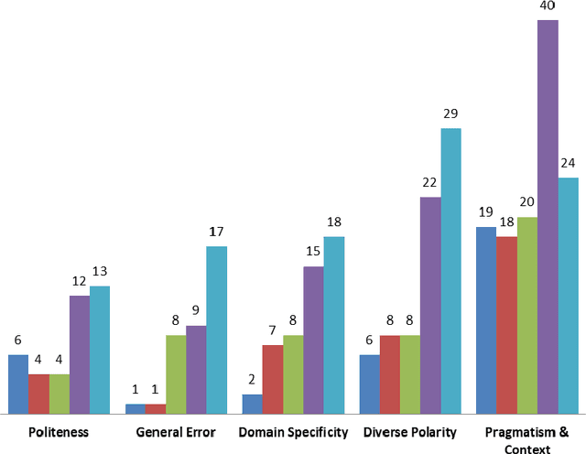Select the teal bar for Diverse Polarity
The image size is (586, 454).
pyautogui.click(x=450, y=271)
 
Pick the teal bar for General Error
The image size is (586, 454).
pyautogui.click(x=216, y=330)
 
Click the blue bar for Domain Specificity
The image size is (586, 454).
pyautogui.click(x=252, y=404)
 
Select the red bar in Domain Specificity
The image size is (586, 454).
pyautogui.click(x=272, y=379)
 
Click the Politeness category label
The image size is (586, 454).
pyautogui.click(x=59, y=432)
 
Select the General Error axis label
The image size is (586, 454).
pyautogui.click(x=176, y=432)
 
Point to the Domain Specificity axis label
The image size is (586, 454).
pyautogui.click(x=293, y=432)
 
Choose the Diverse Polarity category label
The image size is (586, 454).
pyautogui.click(x=410, y=432)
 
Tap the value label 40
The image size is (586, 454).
pyautogui.click(x=548, y=6)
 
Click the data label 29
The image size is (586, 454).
pyautogui.click(x=450, y=113)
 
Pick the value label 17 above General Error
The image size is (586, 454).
pyautogui.click(x=216, y=232)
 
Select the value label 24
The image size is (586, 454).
pyautogui.click(x=568, y=163)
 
